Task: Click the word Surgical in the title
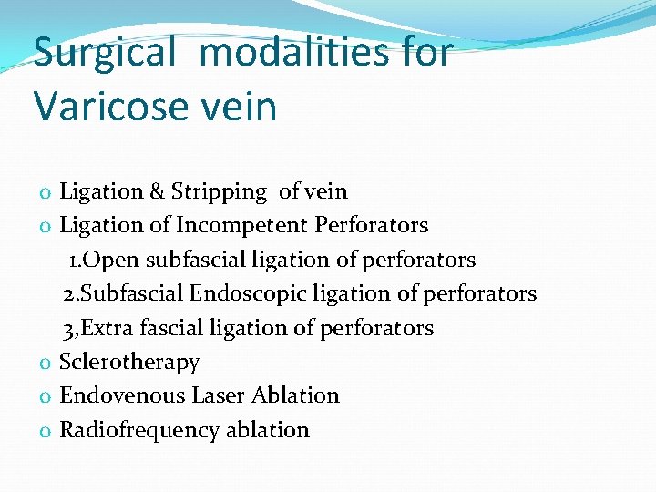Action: [103, 53]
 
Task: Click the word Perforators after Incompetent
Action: [372, 225]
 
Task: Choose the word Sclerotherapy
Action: [129, 362]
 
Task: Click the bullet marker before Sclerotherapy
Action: [45, 364]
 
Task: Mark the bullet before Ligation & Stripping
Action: [45, 193]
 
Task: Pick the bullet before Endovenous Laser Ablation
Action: [45, 397]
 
